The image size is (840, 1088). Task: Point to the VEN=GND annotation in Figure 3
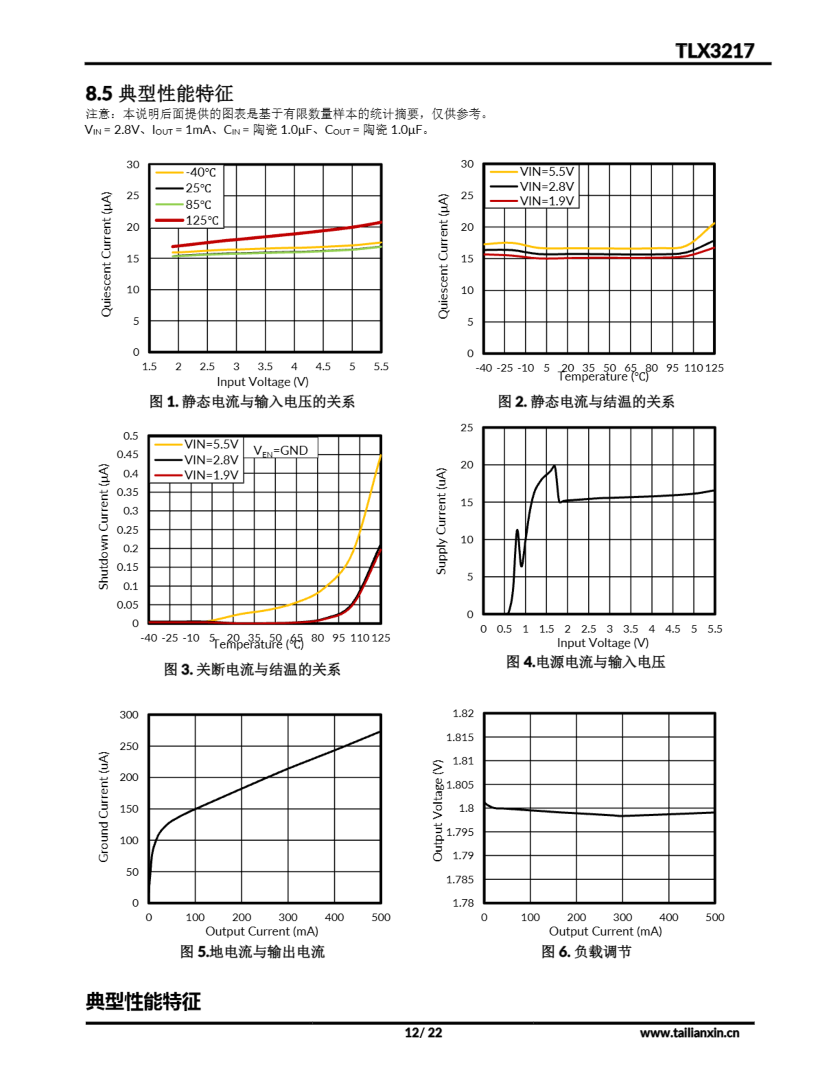pyautogui.click(x=281, y=450)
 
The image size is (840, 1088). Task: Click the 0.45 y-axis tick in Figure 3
pyautogui.click(x=128, y=454)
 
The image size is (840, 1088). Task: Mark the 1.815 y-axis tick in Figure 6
pyautogui.click(x=459, y=737)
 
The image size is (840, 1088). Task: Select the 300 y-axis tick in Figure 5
pyautogui.click(x=129, y=715)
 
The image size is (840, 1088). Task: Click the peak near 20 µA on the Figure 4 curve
pyautogui.click(x=554, y=466)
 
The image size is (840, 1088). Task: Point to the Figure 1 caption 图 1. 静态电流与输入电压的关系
pyautogui.click(x=252, y=402)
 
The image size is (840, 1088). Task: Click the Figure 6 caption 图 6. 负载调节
pyautogui.click(x=586, y=952)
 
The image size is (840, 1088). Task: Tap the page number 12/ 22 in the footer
pyautogui.click(x=423, y=1033)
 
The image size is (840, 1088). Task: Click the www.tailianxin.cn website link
pyautogui.click(x=689, y=1033)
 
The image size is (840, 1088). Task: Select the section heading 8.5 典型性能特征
pyautogui.click(x=159, y=93)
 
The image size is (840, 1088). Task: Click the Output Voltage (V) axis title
pyautogui.click(x=438, y=810)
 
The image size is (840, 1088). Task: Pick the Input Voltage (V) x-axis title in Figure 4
pyautogui.click(x=603, y=643)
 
